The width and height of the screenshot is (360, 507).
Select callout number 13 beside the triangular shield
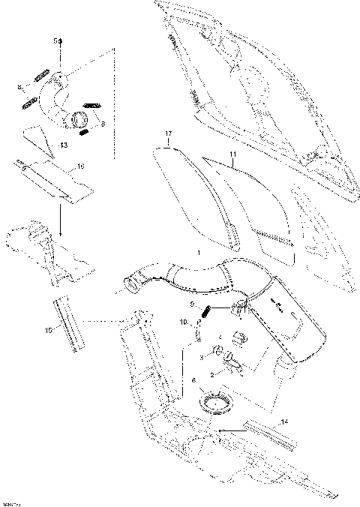click(x=64, y=143)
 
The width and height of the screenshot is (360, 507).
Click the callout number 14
click(x=284, y=422)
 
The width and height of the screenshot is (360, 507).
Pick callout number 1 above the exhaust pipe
click(x=197, y=255)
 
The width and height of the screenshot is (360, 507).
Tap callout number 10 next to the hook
click(x=182, y=322)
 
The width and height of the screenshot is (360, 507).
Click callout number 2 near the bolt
click(x=212, y=373)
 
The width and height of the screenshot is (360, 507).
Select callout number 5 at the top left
click(x=54, y=39)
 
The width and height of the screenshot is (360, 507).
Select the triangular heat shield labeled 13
click(x=37, y=139)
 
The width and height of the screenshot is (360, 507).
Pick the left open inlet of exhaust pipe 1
click(x=127, y=286)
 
